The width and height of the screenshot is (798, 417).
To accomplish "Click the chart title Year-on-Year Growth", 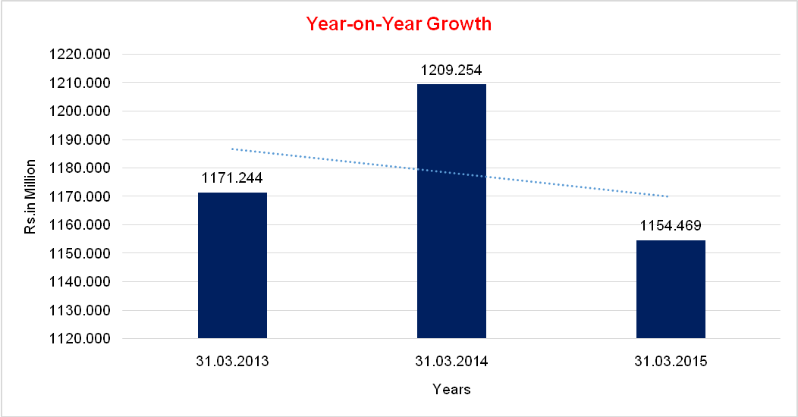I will coord(399,24).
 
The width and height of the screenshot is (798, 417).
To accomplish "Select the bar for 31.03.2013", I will coord(232,265).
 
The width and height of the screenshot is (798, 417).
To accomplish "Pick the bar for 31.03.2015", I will coord(671,289).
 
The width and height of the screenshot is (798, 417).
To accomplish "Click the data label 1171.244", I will coord(232,179).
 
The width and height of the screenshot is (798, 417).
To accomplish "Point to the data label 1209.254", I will coord(451,71).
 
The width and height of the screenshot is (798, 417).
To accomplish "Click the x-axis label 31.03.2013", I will coord(232,362).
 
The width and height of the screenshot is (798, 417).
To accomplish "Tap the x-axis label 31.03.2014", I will coord(451,362).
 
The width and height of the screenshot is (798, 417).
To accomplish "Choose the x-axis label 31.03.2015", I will coord(671,362).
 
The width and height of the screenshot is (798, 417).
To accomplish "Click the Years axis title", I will coord(451,390).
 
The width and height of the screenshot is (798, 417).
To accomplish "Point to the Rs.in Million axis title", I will coord(30,197).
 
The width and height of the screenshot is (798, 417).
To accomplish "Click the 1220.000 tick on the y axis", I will coord(79,55).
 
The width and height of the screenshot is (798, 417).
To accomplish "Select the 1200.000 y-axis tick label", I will coord(79,111).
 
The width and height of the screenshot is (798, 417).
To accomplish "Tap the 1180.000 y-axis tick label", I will coord(79,168).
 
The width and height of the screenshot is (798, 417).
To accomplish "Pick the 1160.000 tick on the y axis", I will coord(79,225).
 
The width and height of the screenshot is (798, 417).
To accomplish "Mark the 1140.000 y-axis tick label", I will coord(79,282).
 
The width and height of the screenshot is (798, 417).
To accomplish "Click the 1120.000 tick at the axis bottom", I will coord(79,339).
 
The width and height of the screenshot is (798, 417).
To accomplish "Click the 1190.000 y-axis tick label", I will coord(79,140).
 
